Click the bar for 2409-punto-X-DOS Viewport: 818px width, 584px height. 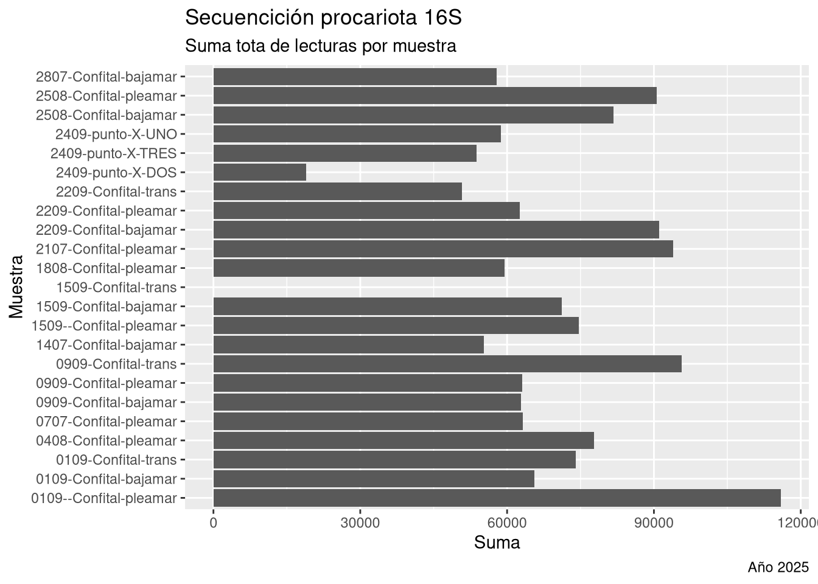pyautogui.click(x=260, y=173)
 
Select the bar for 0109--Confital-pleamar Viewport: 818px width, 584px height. pyautogui.click(x=497, y=498)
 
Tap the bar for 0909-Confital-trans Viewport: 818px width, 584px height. pyautogui.click(x=447, y=364)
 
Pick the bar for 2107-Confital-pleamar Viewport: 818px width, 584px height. pyautogui.click(x=443, y=249)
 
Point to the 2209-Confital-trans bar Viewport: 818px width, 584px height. pyautogui.click(x=338, y=192)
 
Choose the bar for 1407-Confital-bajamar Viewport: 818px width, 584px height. pyautogui.click(x=349, y=345)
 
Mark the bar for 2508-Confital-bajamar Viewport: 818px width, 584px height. pyautogui.click(x=413, y=115)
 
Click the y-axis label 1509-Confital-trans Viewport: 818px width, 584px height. pyautogui.click(x=116, y=288)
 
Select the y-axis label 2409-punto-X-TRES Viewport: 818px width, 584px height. pyautogui.click(x=113, y=153)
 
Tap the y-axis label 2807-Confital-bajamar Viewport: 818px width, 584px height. pyautogui.click(x=106, y=77)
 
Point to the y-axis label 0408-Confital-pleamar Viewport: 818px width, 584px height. pyautogui.click(x=106, y=441)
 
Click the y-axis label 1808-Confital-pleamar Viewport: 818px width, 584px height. pyautogui.click(x=106, y=268)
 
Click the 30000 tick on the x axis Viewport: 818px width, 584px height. pyautogui.click(x=360, y=523)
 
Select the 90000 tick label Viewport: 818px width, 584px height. pyautogui.click(x=654, y=523)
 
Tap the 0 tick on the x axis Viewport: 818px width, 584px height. pyautogui.click(x=214, y=523)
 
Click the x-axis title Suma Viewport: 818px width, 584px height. pyautogui.click(x=497, y=543)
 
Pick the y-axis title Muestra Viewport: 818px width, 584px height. pyautogui.click(x=16, y=287)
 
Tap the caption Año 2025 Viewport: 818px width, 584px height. pyautogui.click(x=778, y=568)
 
